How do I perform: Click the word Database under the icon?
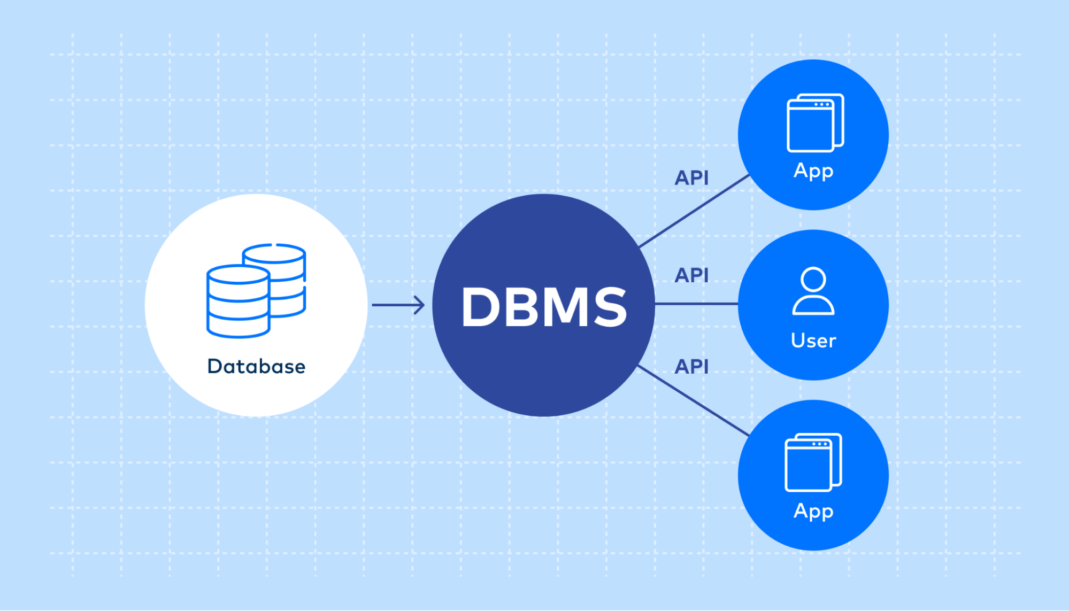256,367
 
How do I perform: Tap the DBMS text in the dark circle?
543,307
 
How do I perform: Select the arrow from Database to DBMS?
398,305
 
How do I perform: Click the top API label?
691,178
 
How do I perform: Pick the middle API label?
691,275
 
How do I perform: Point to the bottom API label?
691,367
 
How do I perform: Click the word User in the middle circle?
813,341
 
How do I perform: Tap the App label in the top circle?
813,171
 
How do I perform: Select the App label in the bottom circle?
813,511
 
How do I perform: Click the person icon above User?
813,291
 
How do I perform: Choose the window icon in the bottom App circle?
813,462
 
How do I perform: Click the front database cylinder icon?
238,302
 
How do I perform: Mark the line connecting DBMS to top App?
694,212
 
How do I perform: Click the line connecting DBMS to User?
695,304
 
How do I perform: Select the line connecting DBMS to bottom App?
694,400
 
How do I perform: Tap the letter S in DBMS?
610,307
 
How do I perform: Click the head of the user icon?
813,280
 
